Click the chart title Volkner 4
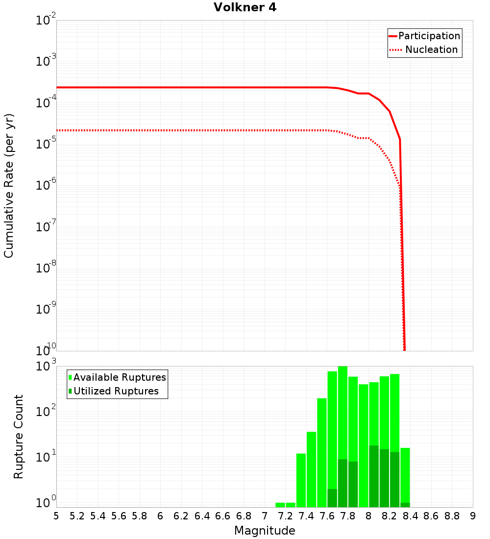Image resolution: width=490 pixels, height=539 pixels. [245, 8]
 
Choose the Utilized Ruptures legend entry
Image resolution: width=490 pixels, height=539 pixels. [116, 392]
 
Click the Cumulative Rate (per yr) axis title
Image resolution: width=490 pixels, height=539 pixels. [9, 185]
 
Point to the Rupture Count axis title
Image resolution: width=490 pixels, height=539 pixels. [19, 437]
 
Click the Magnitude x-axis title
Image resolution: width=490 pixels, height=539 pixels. [265, 531]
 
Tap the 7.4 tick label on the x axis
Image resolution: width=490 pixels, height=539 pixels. [306, 516]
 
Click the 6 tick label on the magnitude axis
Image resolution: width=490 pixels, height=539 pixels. [160, 516]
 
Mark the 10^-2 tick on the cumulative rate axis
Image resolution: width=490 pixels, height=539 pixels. [46, 21]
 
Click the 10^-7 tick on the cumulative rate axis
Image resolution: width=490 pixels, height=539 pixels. [46, 227]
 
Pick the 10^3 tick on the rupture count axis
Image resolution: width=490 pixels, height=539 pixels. [47, 367]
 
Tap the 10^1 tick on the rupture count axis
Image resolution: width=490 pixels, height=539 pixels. [47, 458]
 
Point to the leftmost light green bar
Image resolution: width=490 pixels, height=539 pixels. [280, 505]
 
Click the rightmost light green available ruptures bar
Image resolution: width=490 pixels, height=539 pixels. [405, 475]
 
